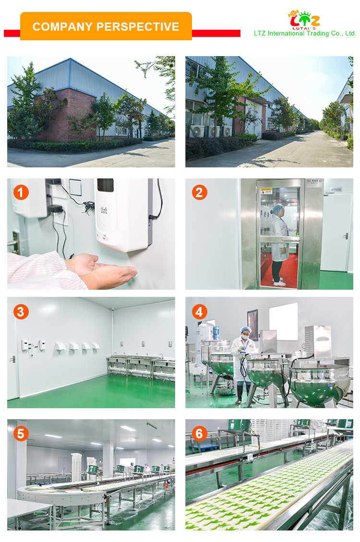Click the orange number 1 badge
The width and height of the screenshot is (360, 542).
(20, 193)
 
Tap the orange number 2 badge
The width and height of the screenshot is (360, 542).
(200, 193)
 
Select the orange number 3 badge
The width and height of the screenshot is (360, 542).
(20, 312)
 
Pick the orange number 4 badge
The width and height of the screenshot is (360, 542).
(200, 312)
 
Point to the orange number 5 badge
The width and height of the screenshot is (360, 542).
(20, 434)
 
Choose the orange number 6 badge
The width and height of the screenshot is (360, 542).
(200, 434)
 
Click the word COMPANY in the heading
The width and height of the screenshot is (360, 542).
(60, 27)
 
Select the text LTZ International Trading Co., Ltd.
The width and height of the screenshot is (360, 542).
(305, 34)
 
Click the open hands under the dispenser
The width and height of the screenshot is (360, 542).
(103, 271)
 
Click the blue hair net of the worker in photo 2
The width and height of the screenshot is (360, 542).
(277, 209)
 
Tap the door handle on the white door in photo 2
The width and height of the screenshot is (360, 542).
(345, 236)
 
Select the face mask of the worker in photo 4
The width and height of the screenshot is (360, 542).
(245, 337)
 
